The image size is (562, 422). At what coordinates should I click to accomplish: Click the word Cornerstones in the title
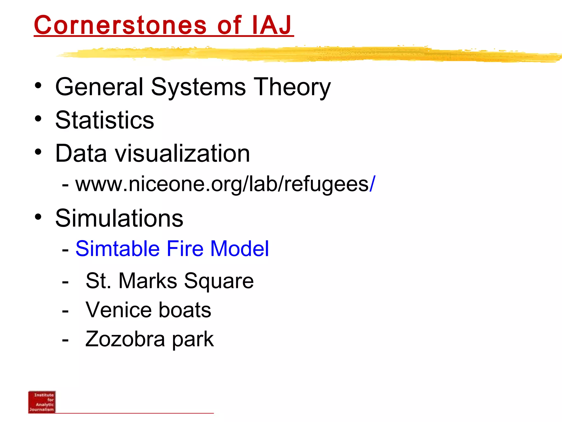pyautogui.click(x=120, y=25)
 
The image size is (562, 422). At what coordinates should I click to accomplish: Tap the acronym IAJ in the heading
pyautogui.click(x=272, y=25)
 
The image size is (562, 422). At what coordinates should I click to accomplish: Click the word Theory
pyautogui.click(x=292, y=87)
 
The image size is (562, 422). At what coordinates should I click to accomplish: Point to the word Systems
pyautogui.click(x=198, y=87)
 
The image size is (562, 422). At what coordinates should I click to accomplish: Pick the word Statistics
pyautogui.click(x=105, y=120)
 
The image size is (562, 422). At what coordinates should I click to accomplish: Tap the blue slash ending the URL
pyautogui.click(x=372, y=184)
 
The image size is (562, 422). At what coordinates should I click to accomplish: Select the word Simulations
pyautogui.click(x=119, y=218)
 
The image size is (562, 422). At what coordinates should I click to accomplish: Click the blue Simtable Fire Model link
pyautogui.click(x=172, y=249)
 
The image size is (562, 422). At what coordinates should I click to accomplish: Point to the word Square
pyautogui.click(x=219, y=281)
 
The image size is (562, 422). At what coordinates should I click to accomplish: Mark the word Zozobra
pyautogui.click(x=125, y=339)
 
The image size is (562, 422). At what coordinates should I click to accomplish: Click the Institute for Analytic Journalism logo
pyautogui.click(x=42, y=402)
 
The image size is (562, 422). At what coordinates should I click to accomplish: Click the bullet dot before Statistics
pyautogui.click(x=38, y=119)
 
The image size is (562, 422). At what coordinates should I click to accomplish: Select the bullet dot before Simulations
pyautogui.click(x=38, y=217)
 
